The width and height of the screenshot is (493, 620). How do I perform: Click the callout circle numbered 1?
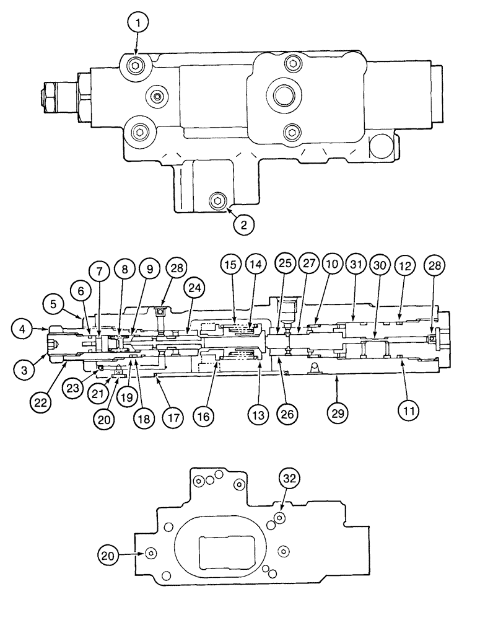pos(139,24)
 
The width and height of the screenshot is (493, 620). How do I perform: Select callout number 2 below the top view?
pos(243,224)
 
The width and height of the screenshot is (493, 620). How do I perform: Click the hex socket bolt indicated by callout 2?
pos(217,200)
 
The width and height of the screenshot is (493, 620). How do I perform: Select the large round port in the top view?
pos(284,95)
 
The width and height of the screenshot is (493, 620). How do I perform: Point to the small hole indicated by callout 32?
pos(280,516)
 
